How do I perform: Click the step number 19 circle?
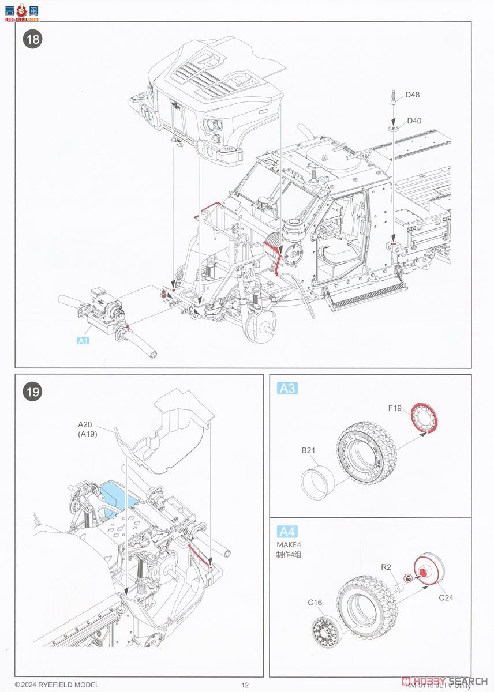tap(32, 392)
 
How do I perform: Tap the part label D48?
tap(412, 95)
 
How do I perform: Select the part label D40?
tap(414, 121)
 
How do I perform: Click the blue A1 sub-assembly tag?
tap(83, 340)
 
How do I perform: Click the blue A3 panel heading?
tap(287, 389)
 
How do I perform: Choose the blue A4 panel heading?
tap(287, 531)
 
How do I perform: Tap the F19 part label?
tap(395, 409)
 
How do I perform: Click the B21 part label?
tap(308, 450)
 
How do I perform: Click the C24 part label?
tap(446, 597)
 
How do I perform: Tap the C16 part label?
tap(315, 603)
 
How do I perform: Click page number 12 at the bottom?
tap(245, 685)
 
